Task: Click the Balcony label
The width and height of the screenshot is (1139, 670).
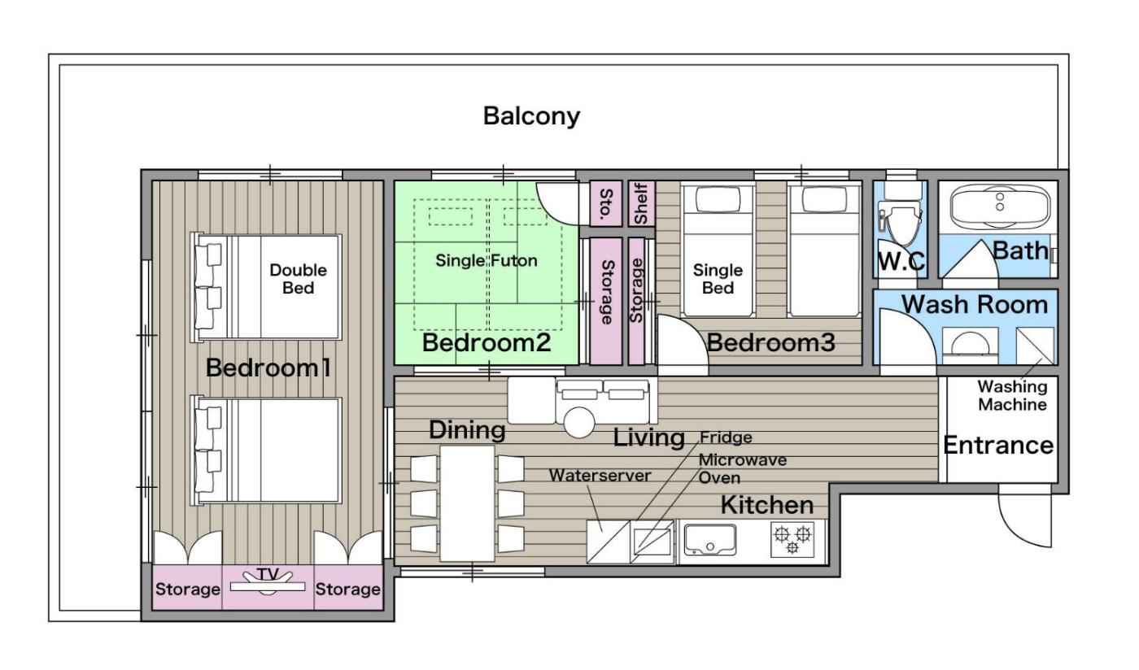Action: point(531,116)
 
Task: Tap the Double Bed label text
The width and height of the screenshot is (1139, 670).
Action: point(298,279)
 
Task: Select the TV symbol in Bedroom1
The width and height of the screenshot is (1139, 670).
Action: point(268,583)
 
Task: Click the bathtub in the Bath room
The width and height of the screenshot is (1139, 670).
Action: point(1000,207)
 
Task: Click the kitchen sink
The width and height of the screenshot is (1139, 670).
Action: point(709,540)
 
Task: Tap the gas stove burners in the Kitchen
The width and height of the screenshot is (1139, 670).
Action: point(792,539)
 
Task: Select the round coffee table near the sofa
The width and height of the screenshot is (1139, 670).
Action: point(579,422)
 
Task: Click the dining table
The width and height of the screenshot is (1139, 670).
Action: point(467,502)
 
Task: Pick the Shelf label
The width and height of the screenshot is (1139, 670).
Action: point(641,203)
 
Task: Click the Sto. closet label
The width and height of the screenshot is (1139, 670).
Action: point(605,204)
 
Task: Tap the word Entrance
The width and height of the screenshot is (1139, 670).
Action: point(998,446)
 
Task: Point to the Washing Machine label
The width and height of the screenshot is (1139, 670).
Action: point(1012,395)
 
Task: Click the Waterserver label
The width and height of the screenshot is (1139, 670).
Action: point(600,476)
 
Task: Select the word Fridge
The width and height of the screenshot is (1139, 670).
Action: point(726,437)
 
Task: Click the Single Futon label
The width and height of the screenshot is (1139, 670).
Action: point(487,261)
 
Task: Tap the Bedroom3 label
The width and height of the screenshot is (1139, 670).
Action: point(771,342)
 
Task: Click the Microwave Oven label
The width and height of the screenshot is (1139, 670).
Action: point(742,468)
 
